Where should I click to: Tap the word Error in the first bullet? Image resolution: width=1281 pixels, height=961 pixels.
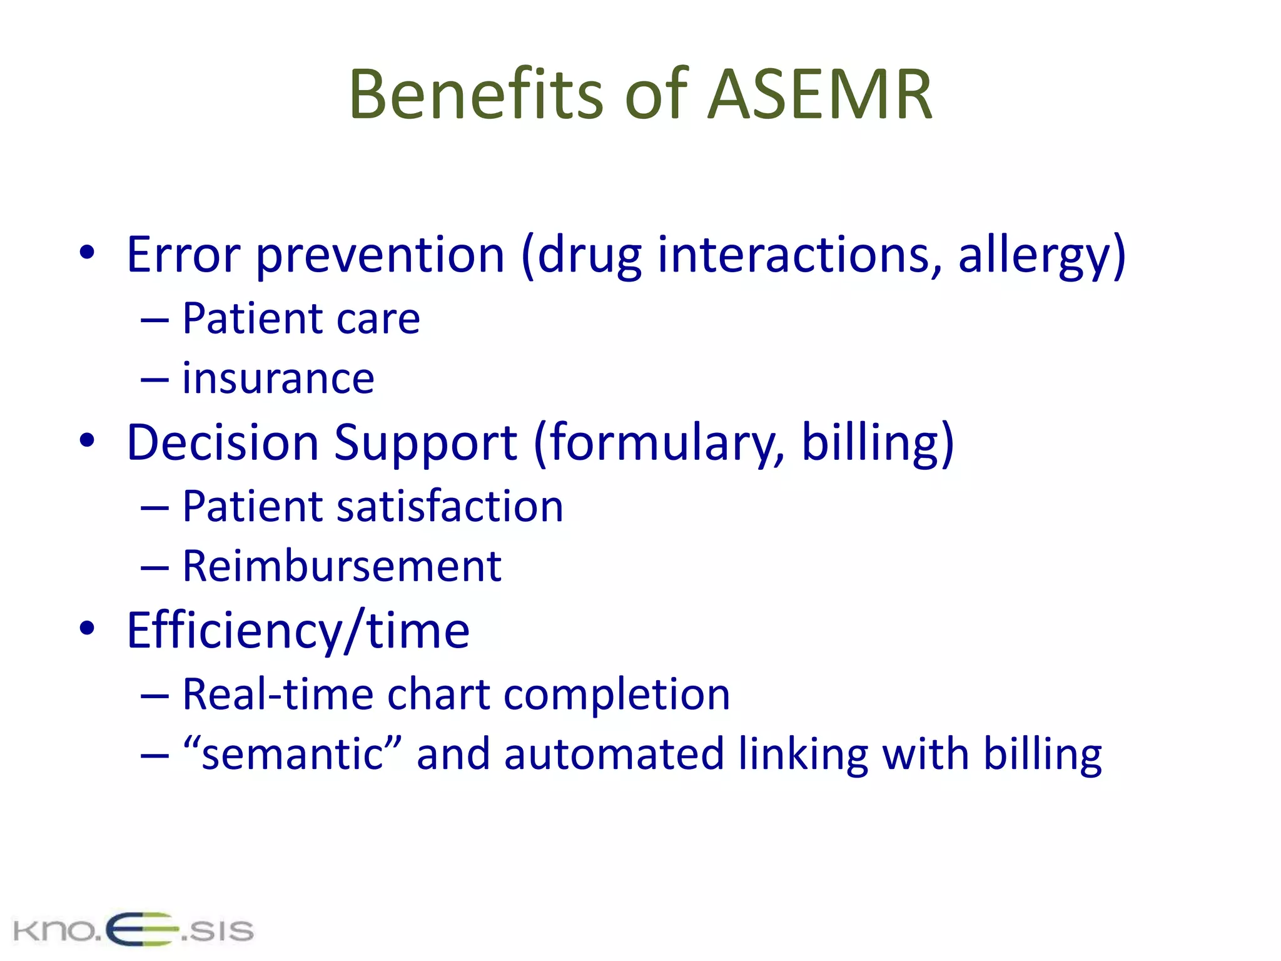pyautogui.click(x=183, y=255)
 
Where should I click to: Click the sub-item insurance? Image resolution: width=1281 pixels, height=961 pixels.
pyautogui.click(x=278, y=379)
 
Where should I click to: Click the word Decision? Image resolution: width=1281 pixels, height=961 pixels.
pyautogui.click(x=223, y=443)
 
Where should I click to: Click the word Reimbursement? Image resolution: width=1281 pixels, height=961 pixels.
pyautogui.click(x=342, y=566)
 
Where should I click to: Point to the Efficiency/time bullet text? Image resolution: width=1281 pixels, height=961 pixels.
pyautogui.click(x=298, y=631)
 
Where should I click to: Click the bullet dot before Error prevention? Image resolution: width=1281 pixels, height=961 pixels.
pyautogui.click(x=87, y=253)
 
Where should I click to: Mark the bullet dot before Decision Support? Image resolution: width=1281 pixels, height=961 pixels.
pyautogui.click(x=87, y=440)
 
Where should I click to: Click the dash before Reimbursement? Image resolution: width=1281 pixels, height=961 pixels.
pyautogui.click(x=154, y=567)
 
